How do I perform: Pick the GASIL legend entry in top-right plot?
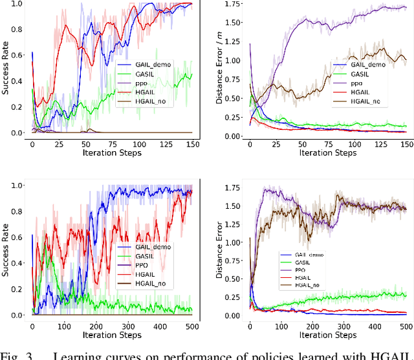coord(358,74)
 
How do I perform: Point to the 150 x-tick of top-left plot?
coord(191,143)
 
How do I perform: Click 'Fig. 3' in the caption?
coord(16,354)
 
